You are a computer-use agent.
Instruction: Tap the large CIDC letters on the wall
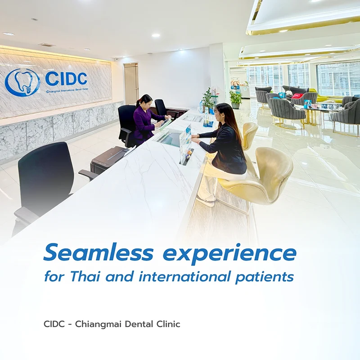tap(66, 78)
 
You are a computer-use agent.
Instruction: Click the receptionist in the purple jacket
tap(147, 119)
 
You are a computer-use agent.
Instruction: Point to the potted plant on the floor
tap(235, 99)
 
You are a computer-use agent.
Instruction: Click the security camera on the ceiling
tap(117, 59)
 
